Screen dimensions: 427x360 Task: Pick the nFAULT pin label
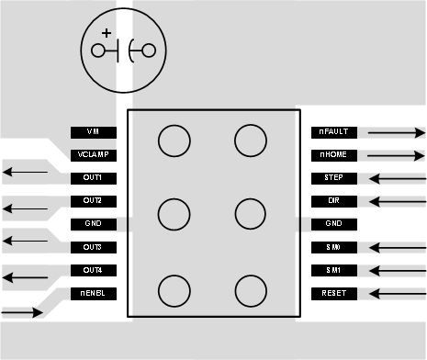pyautogui.click(x=333, y=132)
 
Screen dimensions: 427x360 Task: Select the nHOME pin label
pyautogui.click(x=333, y=155)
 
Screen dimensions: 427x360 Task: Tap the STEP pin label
pyautogui.click(x=333, y=178)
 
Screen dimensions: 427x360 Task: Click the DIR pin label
pyautogui.click(x=333, y=201)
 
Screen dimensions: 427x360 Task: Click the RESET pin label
pyautogui.click(x=333, y=294)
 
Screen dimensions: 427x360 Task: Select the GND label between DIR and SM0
pyautogui.click(x=333, y=224)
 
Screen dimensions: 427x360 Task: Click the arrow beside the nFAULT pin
pyautogui.click(x=396, y=132)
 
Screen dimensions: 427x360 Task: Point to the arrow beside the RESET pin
pyautogui.click(x=396, y=294)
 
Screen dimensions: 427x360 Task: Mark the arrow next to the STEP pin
pyautogui.click(x=396, y=178)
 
